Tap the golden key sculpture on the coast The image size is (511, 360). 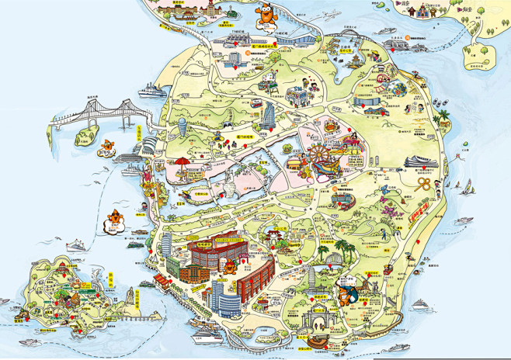[425, 184]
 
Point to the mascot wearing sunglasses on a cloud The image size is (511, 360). [113, 220]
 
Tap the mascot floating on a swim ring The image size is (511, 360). [106, 147]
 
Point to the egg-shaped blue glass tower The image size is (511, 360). [181, 128]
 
